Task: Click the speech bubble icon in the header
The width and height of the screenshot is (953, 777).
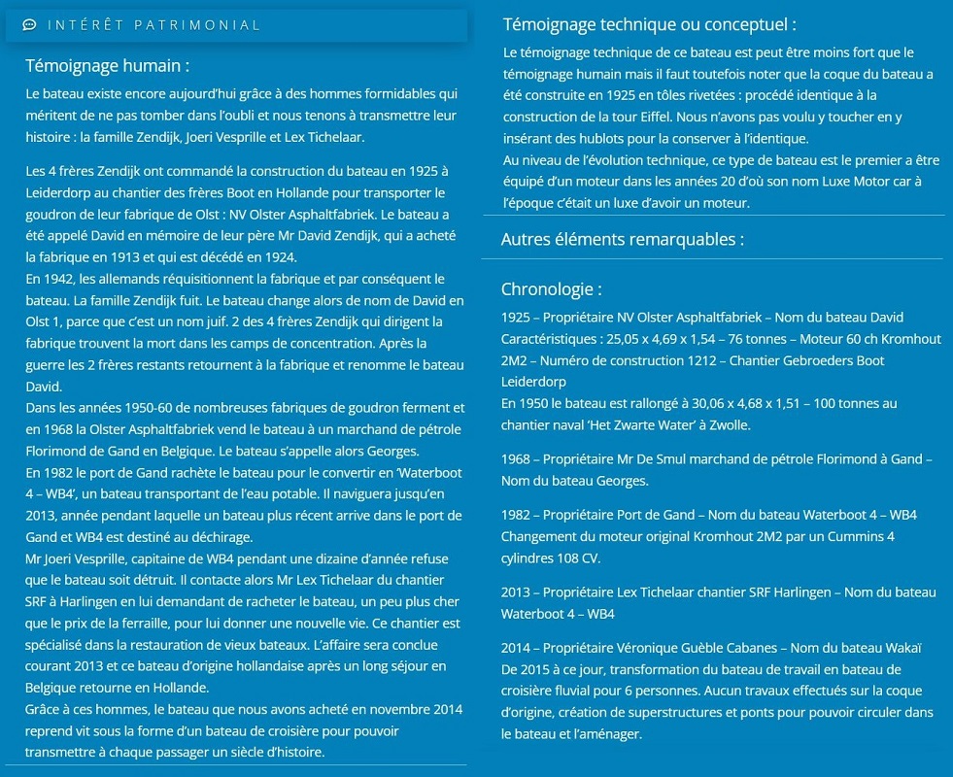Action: [x=29, y=25]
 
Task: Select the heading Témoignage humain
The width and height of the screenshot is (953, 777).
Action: [x=107, y=66]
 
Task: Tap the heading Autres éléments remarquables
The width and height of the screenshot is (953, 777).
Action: [x=623, y=239]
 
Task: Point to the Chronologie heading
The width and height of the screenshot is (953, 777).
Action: [x=551, y=289]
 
